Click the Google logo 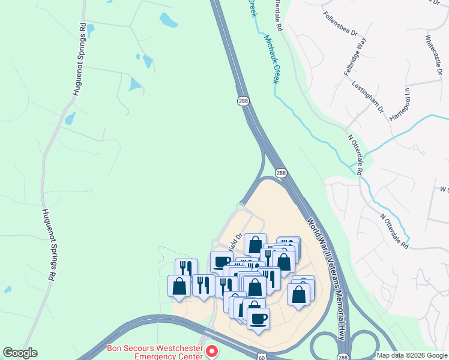coord(20,353)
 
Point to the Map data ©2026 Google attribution coord(411,355)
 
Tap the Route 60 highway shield coord(260,356)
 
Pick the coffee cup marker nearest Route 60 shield coord(258,319)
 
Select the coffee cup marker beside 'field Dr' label coord(221,262)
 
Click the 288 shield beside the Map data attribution coord(342,356)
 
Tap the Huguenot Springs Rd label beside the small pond coord(80,60)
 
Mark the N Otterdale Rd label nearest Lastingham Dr coord(356,154)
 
